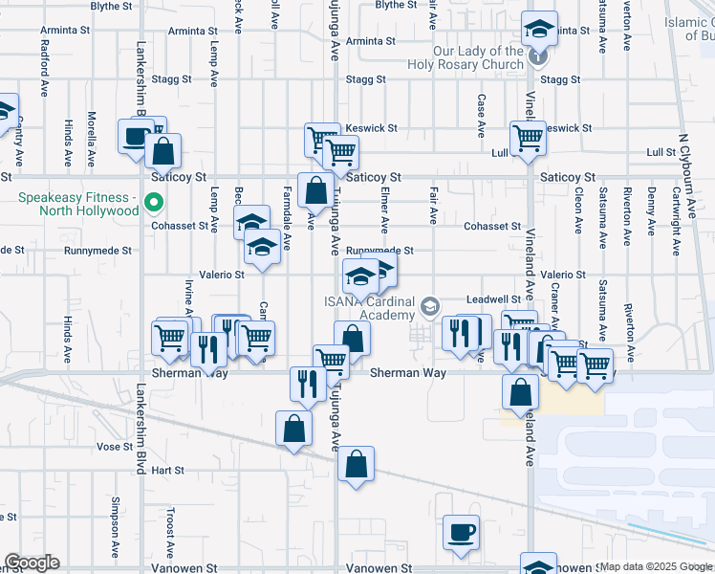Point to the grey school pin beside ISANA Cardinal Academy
(430, 306)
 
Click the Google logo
(32, 563)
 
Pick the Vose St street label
(114, 447)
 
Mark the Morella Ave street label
(92, 137)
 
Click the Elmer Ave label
(384, 210)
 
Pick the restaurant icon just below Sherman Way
(307, 385)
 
